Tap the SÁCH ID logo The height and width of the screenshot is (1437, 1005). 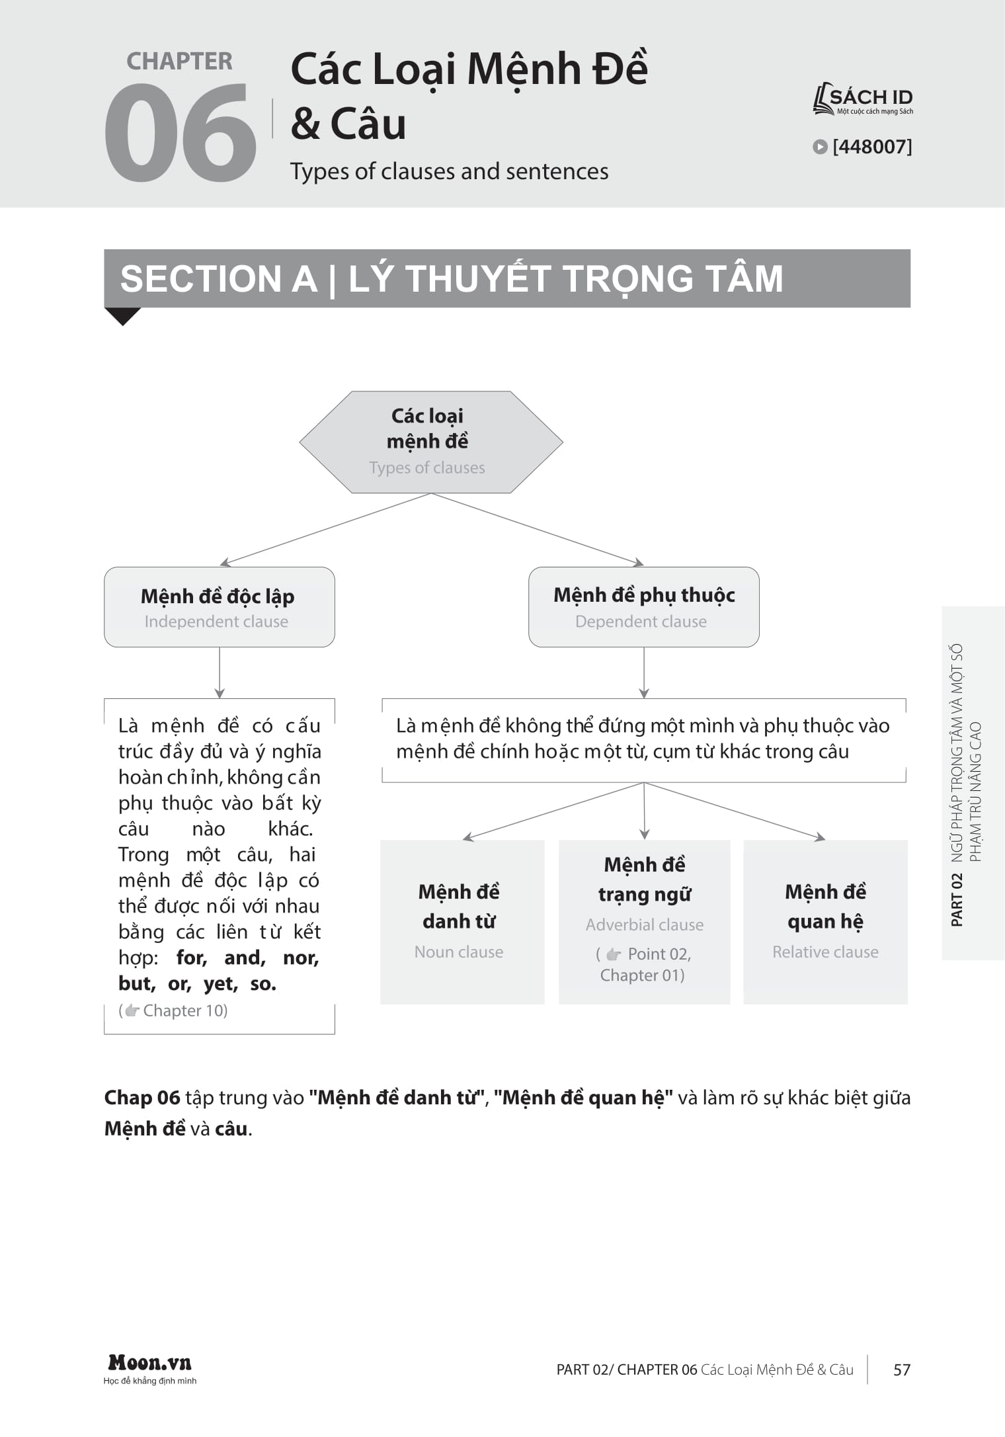pos(863,100)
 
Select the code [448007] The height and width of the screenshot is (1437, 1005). pos(871,147)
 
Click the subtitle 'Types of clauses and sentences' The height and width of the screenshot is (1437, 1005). pos(449,171)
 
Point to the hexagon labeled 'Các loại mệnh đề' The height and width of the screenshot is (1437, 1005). pos(430,442)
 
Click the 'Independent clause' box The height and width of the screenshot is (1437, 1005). pos(219,606)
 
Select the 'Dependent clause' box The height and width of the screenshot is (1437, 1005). pos(643,606)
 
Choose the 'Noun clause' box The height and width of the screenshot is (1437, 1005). pos(462,921)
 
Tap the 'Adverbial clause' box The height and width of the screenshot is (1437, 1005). pos(644,921)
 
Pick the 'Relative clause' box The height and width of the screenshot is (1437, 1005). pos(825,921)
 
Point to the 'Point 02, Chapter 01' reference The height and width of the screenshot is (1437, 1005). pos(643,964)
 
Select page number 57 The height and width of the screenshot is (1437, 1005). pos(901,1370)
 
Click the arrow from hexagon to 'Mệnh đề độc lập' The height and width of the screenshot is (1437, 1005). pos(324,530)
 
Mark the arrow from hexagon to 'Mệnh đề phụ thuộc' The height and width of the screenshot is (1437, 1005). pos(537,530)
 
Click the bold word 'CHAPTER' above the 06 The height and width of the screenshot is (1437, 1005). pos(179,62)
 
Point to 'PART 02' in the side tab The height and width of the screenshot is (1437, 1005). pos(957,899)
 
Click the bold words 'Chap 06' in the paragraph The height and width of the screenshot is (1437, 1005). pos(142,1098)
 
